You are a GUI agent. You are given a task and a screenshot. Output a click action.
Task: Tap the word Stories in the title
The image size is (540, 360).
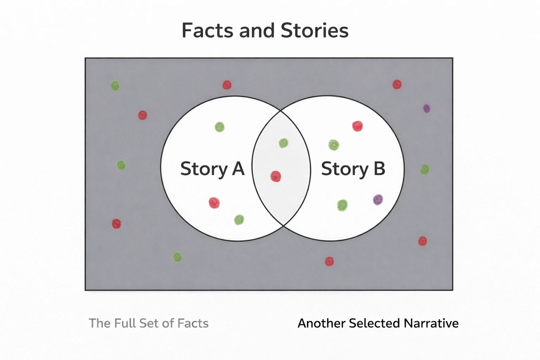[x=313, y=30]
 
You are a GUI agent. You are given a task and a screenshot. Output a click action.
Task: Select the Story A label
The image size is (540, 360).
[x=212, y=169]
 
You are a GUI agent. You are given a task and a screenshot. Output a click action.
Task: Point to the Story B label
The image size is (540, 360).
[x=353, y=169]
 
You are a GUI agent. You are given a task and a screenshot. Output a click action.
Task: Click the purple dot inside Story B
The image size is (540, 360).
[x=378, y=200]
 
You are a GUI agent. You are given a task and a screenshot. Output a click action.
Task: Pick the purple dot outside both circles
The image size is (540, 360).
[x=427, y=108]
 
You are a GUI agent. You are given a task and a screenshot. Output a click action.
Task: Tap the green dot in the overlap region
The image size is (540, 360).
[x=283, y=143]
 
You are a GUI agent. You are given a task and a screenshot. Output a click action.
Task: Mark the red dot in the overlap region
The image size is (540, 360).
[x=275, y=176]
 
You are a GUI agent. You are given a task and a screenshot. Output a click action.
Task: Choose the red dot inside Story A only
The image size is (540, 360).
[x=214, y=203]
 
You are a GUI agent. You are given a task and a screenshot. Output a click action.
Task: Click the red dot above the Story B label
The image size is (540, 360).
[x=357, y=126]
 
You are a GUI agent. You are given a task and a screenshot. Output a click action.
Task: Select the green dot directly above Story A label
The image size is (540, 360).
[x=219, y=127]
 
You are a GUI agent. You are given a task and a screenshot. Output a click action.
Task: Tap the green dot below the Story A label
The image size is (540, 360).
[x=239, y=219]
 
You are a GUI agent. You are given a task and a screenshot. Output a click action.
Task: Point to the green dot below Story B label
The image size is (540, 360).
[x=343, y=205]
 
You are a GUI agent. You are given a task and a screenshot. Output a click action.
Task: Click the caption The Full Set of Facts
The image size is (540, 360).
[x=148, y=323]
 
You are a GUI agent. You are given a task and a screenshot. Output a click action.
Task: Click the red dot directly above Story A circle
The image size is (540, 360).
[x=227, y=85]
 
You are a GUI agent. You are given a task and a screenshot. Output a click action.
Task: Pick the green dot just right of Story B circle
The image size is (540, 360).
[x=425, y=169]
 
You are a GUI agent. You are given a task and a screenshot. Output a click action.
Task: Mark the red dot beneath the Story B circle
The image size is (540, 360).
[x=329, y=261]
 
